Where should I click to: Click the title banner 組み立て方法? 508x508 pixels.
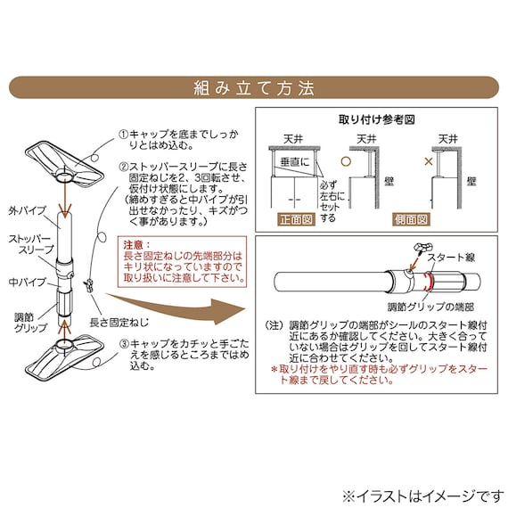tap(254, 88)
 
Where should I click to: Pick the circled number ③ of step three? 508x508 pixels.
tap(124, 343)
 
